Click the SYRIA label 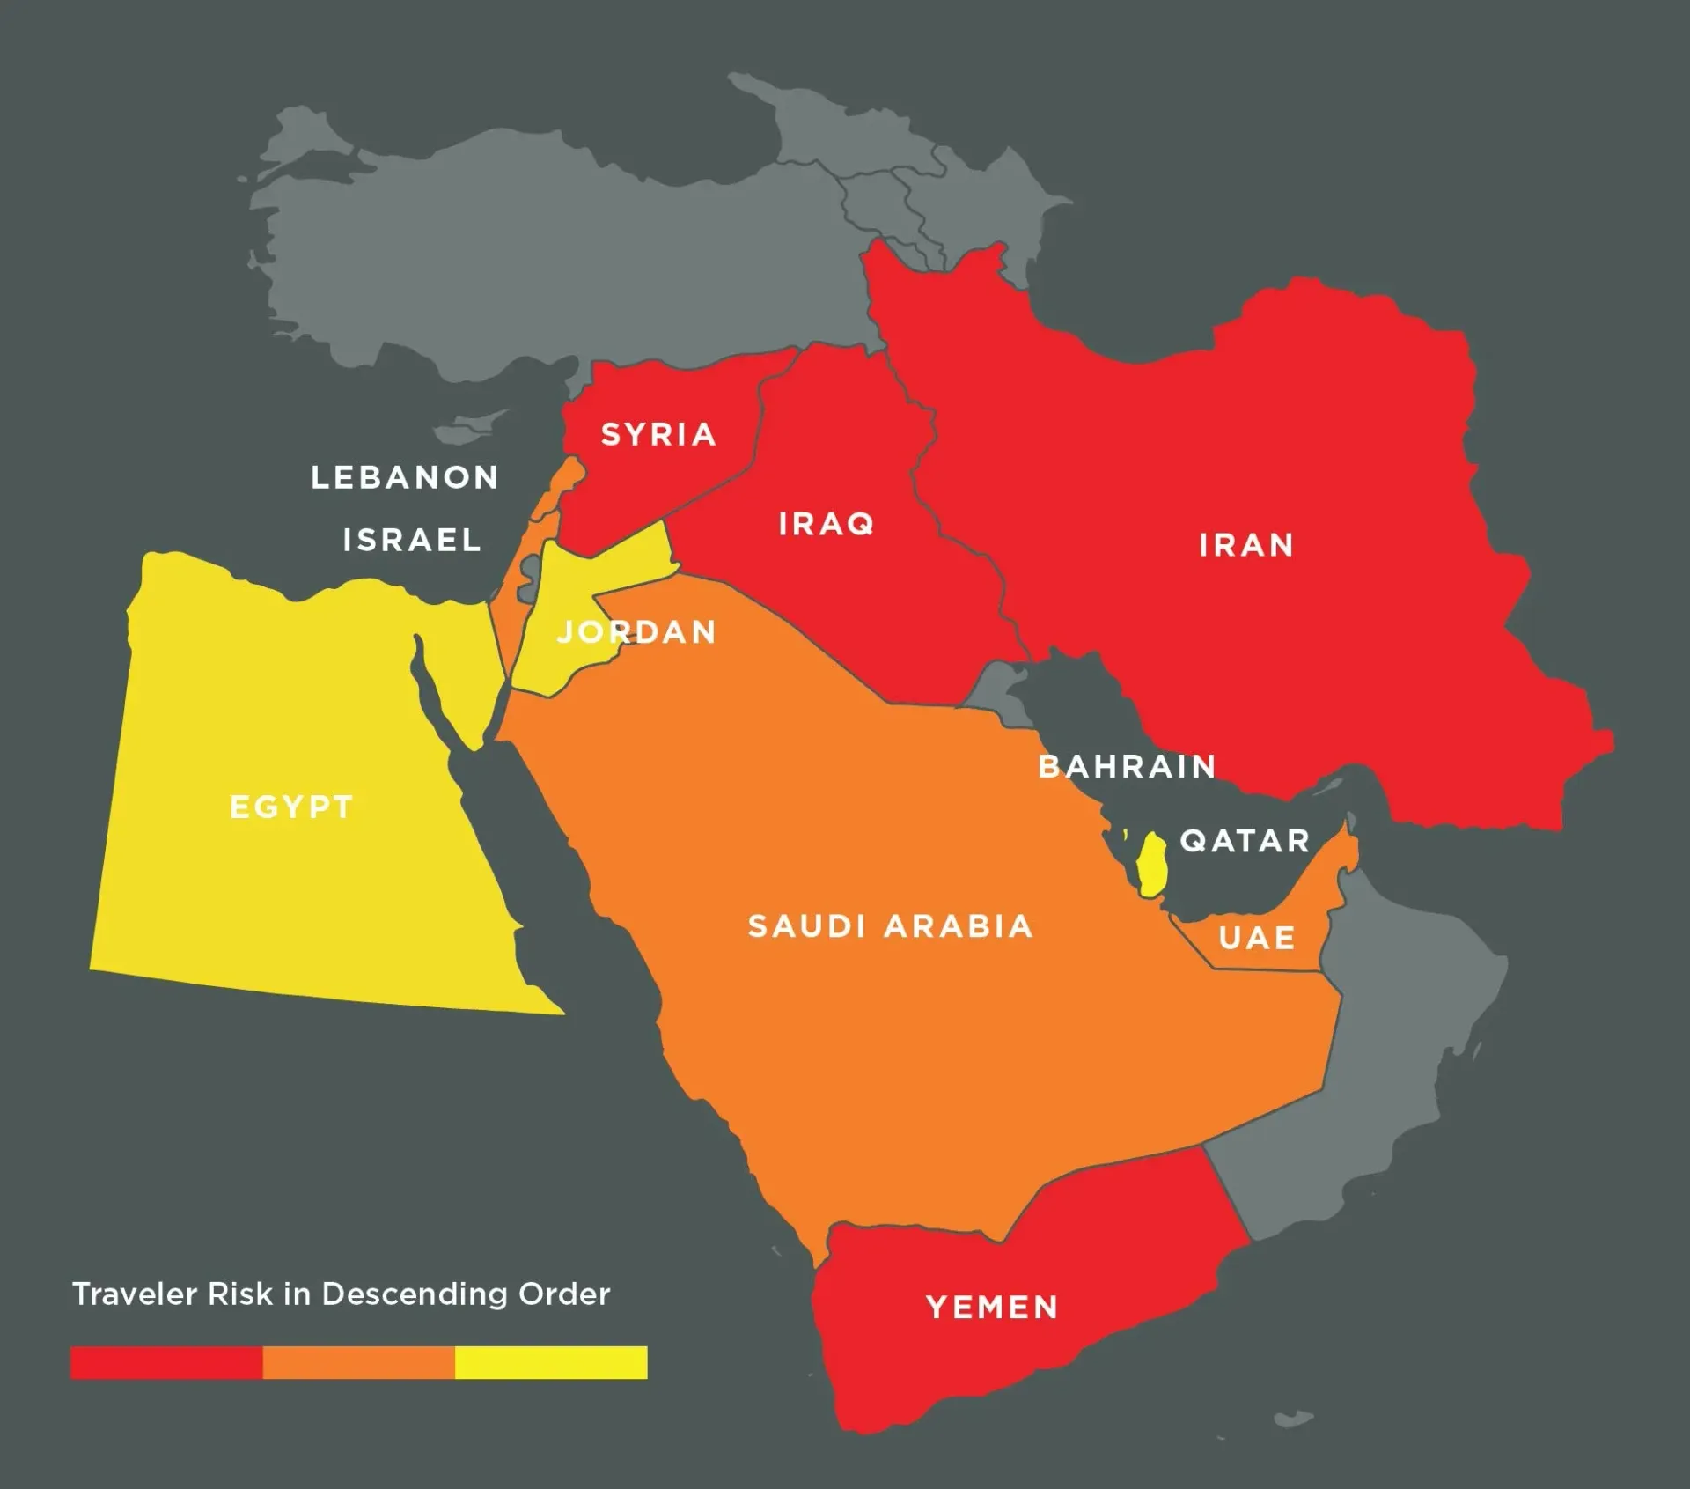pos(658,434)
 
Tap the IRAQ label pos(826,525)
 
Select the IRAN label pos(1246,546)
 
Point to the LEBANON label pos(405,478)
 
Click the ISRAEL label pos(412,541)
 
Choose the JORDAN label pos(637,632)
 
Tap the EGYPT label pos(291,807)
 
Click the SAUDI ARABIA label pos(890,926)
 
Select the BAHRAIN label pos(1127,767)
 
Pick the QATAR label pos(1245,841)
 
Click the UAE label pos(1257,938)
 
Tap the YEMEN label pos(992,1308)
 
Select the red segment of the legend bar pos(166,1362)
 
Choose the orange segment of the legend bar pos(358,1362)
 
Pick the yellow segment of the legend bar pos(551,1362)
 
